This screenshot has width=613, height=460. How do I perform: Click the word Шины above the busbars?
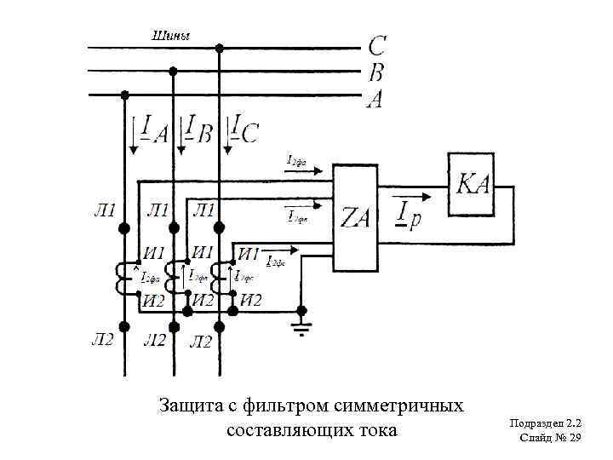(x=170, y=36)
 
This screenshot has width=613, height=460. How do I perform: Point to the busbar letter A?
(x=375, y=100)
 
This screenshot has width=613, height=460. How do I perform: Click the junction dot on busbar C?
(x=221, y=48)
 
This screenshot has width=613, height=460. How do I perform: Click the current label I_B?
(x=198, y=130)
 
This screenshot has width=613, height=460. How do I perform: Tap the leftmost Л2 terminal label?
(x=102, y=341)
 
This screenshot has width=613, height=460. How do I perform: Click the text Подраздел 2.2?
(x=545, y=423)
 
